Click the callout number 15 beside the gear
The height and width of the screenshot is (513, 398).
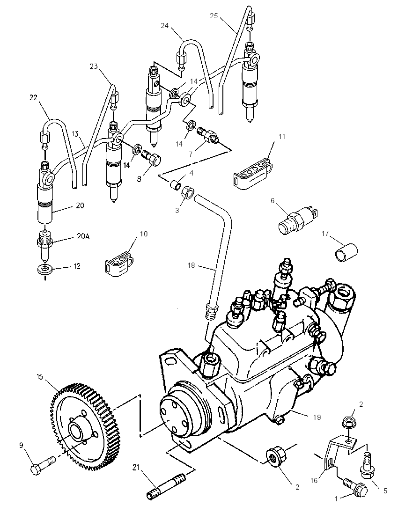(x=40, y=377)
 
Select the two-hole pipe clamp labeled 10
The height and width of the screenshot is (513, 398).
(x=119, y=264)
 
